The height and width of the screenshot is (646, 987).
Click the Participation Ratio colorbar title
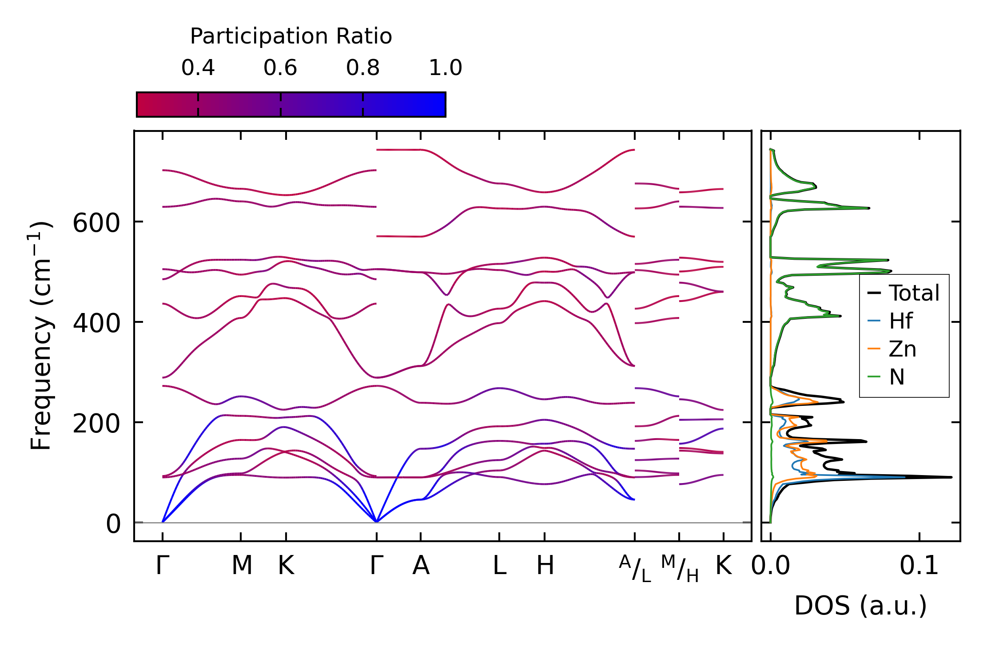[x=291, y=36]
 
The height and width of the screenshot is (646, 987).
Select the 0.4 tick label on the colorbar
[x=198, y=68]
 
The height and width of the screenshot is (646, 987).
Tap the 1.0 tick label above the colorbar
[x=446, y=68]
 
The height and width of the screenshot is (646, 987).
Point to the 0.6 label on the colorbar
[x=280, y=68]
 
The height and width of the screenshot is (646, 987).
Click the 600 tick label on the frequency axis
[x=96, y=223]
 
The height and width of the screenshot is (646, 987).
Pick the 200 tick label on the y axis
[x=96, y=424]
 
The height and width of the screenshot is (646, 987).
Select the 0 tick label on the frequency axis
[x=113, y=524]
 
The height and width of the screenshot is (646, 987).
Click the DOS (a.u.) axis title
[x=860, y=606]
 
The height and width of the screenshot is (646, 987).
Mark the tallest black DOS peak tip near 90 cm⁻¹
[x=951, y=477]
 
